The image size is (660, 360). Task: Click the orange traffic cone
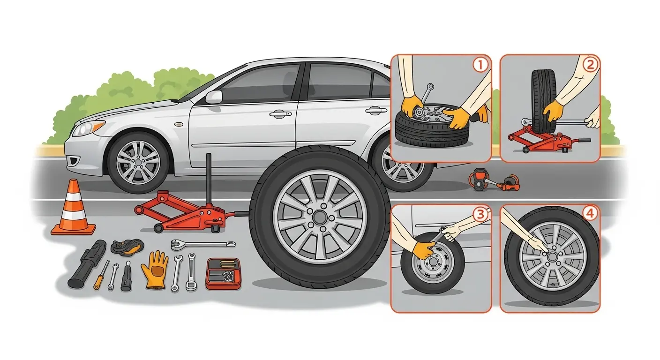[74, 209]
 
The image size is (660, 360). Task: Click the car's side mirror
[213, 97]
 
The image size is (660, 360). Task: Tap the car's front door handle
[277, 113]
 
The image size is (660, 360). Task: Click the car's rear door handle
[375, 111]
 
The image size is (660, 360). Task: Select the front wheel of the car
[138, 162]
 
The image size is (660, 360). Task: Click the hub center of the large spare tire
[320, 217]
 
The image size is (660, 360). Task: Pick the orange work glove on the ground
[155, 269]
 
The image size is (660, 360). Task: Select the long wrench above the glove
[202, 244]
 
